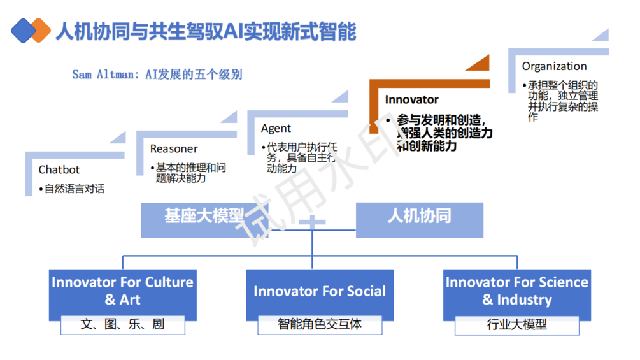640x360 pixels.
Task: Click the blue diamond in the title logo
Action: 23,30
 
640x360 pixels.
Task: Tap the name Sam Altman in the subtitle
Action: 103,75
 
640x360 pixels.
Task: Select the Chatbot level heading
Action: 59,169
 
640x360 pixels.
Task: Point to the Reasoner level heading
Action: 174,148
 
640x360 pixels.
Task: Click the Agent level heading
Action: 276,129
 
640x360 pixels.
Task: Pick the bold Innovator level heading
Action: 411,99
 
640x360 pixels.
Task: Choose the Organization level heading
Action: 554,66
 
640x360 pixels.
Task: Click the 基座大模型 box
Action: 204,220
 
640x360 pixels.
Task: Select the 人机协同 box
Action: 420,220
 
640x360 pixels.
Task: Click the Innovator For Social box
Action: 320,295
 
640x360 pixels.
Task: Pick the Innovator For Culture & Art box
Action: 122,294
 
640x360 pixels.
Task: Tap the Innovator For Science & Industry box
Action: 516,294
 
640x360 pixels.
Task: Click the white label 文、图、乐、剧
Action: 122,325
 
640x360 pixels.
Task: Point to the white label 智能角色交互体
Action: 320,325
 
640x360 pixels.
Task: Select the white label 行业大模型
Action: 516,326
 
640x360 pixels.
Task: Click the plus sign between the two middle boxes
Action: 312,222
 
